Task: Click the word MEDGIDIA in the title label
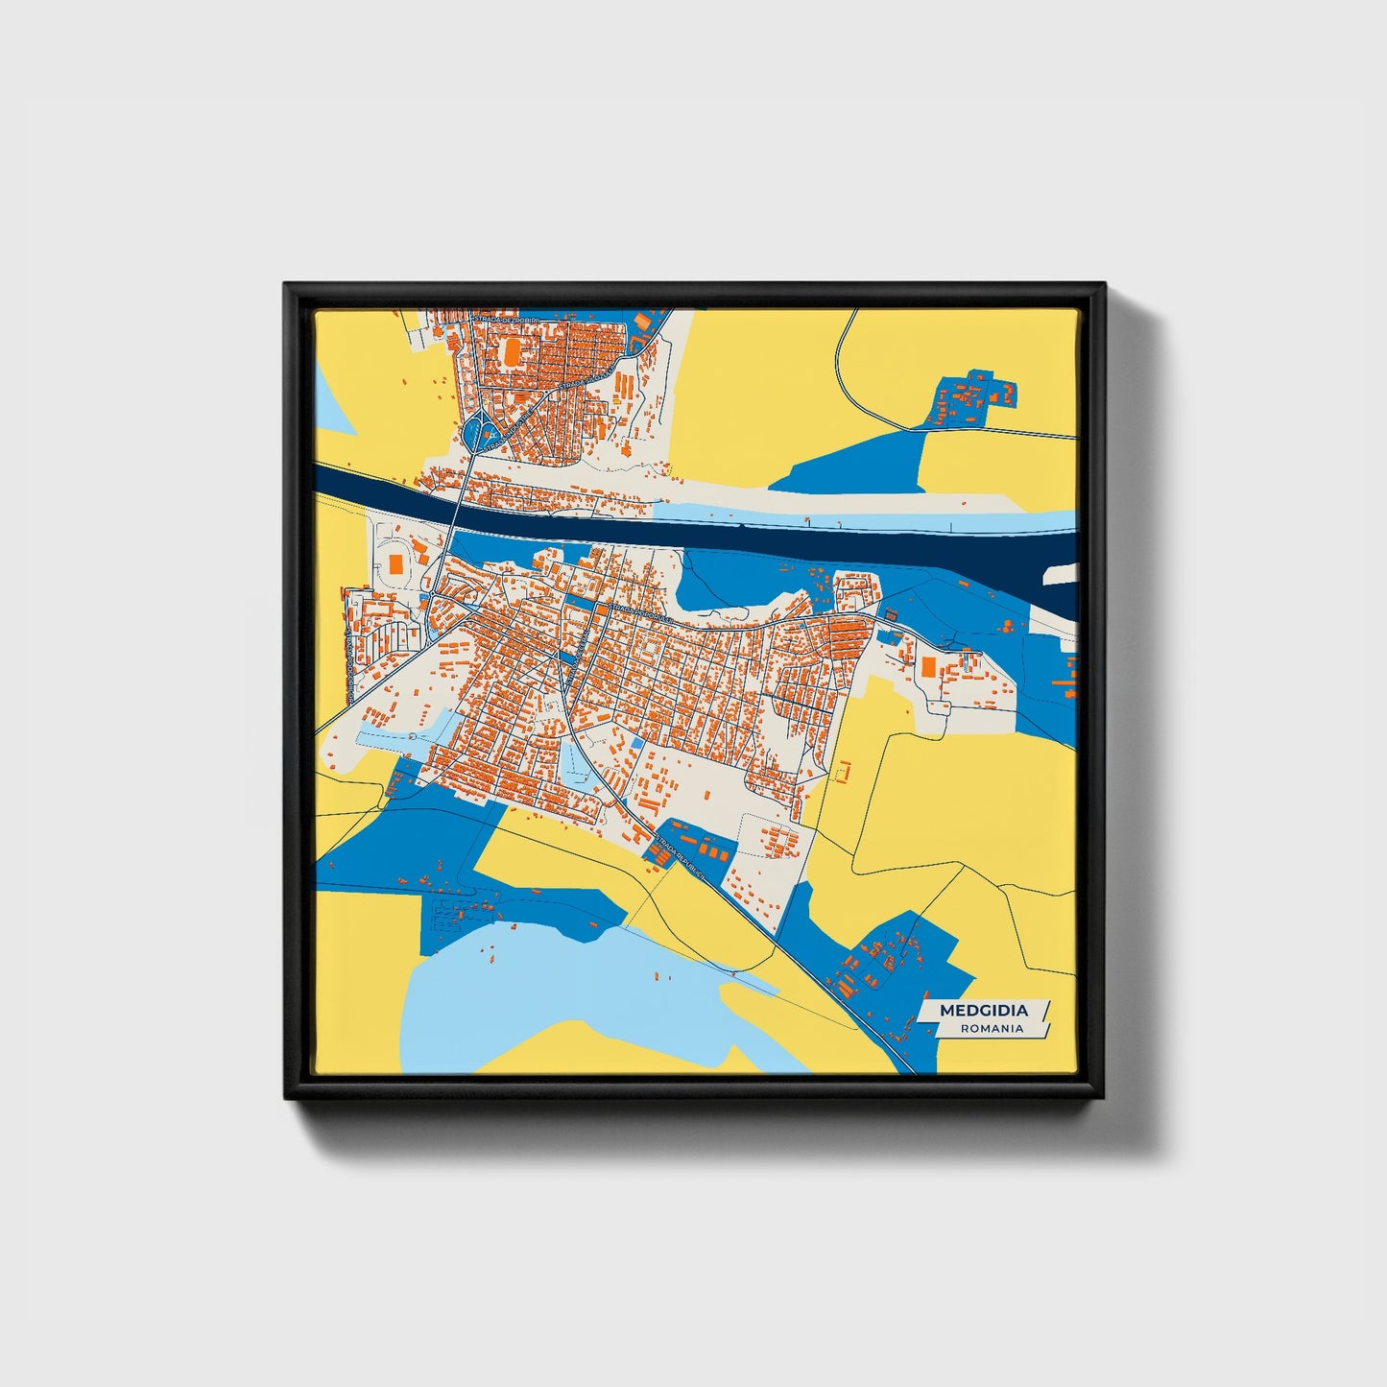[983, 1010]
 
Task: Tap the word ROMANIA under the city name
[992, 1028]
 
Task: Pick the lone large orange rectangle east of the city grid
[929, 665]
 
